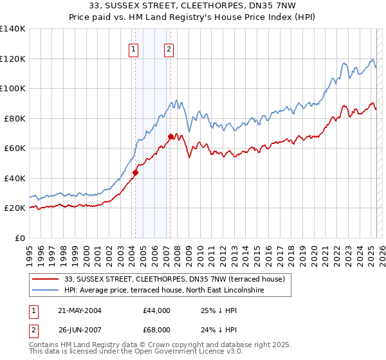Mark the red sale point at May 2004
coord(136,172)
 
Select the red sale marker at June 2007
coord(170,136)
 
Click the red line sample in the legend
coord(46,279)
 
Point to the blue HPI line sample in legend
coord(46,291)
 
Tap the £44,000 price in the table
coord(157,310)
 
